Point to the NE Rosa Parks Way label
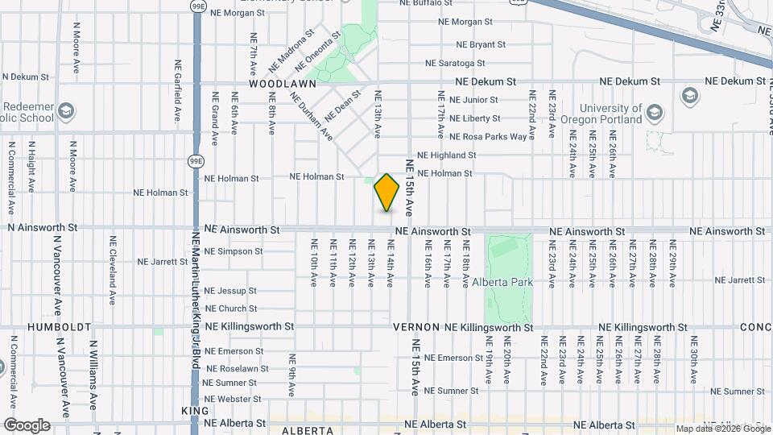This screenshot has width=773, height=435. pos(488,137)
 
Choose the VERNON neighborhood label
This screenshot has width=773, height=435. pos(415,328)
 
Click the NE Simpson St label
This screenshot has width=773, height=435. pos(233,251)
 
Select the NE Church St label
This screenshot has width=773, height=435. pos(230,309)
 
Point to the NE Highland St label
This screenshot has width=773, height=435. pos(446,155)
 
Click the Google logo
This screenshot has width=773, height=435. pos(27,425)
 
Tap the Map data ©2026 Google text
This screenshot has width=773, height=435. pos(722,429)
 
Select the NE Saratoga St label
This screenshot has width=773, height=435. pos(455,63)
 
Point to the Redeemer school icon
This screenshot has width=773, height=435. pos(67,110)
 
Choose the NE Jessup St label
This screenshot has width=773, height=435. pos(230,291)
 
